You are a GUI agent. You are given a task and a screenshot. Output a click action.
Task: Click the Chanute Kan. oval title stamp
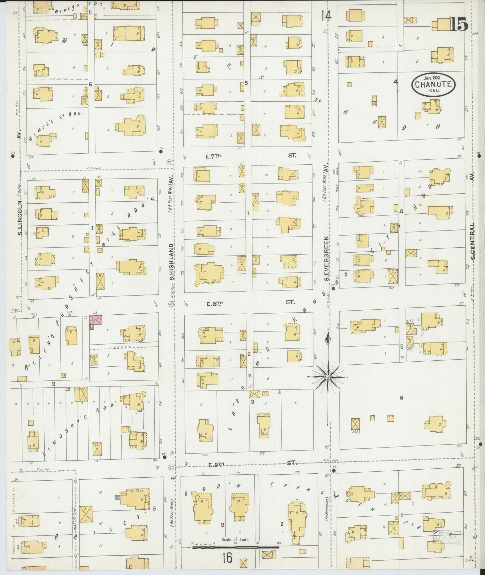[x=433, y=84]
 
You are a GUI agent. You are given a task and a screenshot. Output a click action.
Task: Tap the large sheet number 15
[x=459, y=24]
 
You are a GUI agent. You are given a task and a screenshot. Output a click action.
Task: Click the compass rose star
[x=328, y=377]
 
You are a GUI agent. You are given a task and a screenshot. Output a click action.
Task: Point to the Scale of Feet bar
[x=235, y=548]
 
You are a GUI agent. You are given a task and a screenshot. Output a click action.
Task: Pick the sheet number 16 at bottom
[x=227, y=558]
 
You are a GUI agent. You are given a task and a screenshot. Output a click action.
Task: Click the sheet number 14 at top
[x=326, y=15]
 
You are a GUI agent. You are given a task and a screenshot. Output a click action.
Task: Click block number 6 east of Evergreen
[x=401, y=398]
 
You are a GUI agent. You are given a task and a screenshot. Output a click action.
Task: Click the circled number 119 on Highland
[x=171, y=304]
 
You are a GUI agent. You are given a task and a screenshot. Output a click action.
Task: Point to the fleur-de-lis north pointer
[x=327, y=339]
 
